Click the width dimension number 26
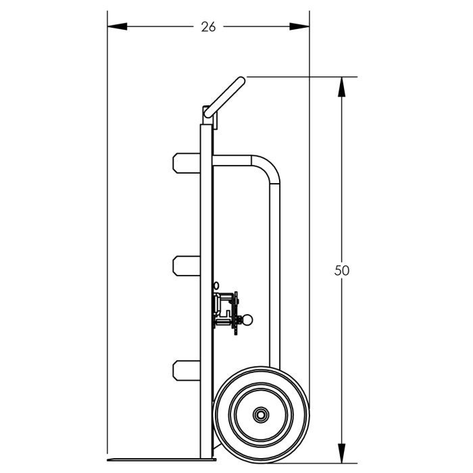[208, 27]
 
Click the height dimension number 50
[342, 270]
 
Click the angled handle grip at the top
[226, 97]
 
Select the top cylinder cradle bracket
[185, 163]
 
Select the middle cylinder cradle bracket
[185, 266]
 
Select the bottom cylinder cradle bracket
[185, 370]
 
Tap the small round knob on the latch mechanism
[248, 319]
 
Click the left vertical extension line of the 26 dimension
[108, 203]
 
